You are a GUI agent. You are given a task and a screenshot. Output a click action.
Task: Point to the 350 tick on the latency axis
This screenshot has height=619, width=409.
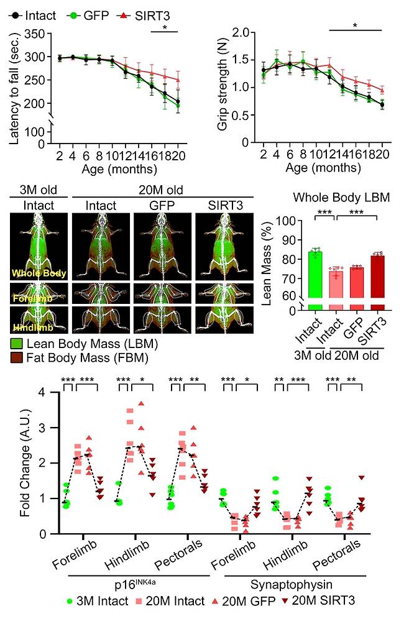point(38,34)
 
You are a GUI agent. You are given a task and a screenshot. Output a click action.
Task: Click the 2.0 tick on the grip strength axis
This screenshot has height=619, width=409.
point(242,32)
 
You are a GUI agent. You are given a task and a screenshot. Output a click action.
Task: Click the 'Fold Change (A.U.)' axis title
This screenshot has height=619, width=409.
point(14,461)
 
